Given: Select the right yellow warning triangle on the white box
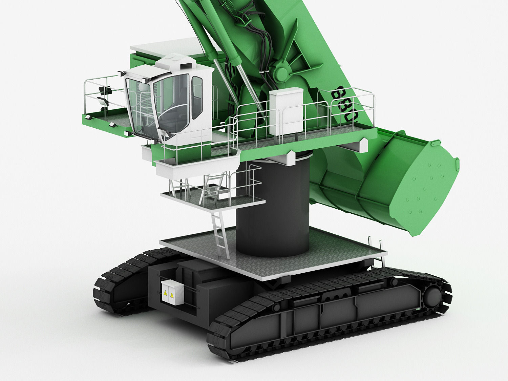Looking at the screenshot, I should [x=172, y=296].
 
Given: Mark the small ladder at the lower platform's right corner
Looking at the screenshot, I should [x=378, y=252].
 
